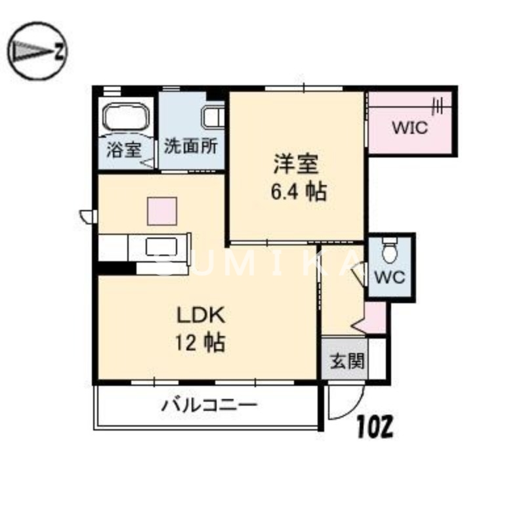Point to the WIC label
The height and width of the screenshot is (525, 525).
point(409,127)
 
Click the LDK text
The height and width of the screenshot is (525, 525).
point(201,314)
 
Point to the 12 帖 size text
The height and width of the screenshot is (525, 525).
point(201,342)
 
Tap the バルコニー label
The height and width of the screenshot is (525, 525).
point(209,406)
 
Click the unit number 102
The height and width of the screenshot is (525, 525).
point(375,428)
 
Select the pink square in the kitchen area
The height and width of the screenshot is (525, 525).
point(162,211)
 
